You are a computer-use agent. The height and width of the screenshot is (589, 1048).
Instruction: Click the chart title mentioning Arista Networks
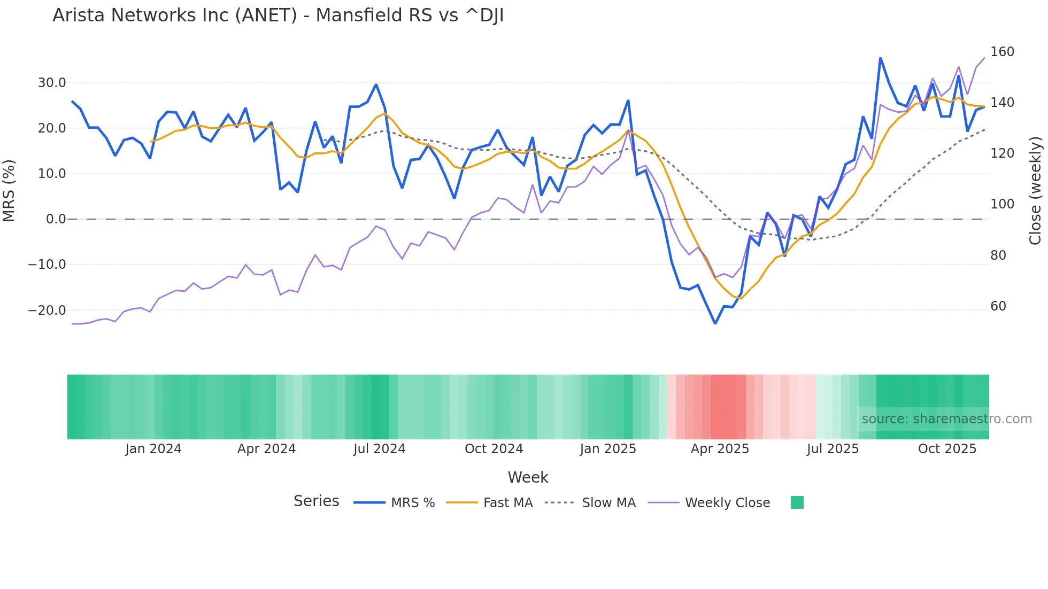coord(278,15)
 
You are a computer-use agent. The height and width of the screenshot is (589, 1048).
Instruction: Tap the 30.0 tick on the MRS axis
coord(52,83)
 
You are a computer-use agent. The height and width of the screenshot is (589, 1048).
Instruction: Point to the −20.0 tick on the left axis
coord(47,311)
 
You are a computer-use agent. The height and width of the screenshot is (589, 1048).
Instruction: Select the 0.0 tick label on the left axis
coord(56,219)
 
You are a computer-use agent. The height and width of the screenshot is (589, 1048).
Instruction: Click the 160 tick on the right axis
coord(1002,52)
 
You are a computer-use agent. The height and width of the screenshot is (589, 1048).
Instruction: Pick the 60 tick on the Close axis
coord(998,306)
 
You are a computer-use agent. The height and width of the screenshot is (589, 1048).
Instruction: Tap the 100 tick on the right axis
coord(1002,204)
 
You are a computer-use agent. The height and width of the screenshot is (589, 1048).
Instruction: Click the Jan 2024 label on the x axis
coord(153,449)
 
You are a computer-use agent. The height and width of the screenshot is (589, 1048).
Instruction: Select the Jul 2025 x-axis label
coord(833,449)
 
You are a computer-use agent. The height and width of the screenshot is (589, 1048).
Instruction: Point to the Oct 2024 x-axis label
coord(494,449)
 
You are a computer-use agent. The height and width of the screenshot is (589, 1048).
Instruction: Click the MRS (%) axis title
coord(9,191)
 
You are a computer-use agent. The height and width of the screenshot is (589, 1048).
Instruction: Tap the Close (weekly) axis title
coord(1036,191)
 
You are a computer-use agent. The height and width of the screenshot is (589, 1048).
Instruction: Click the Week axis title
coord(528,477)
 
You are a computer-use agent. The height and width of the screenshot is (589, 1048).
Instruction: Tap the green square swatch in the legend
coord(797,502)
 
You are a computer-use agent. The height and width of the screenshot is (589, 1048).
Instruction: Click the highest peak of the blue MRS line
coord(880,58)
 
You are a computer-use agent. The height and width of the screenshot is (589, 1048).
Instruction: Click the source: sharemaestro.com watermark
coord(946,419)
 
